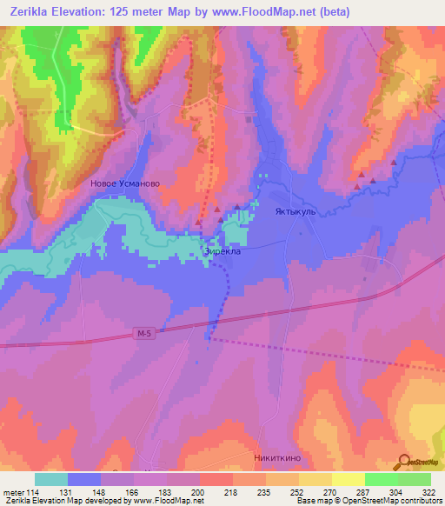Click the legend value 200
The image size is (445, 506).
[x=199, y=491]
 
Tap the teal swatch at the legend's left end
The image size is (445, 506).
[x=51, y=479]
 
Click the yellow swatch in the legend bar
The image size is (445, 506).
[x=348, y=479]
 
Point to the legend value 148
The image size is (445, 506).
[x=110, y=491]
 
